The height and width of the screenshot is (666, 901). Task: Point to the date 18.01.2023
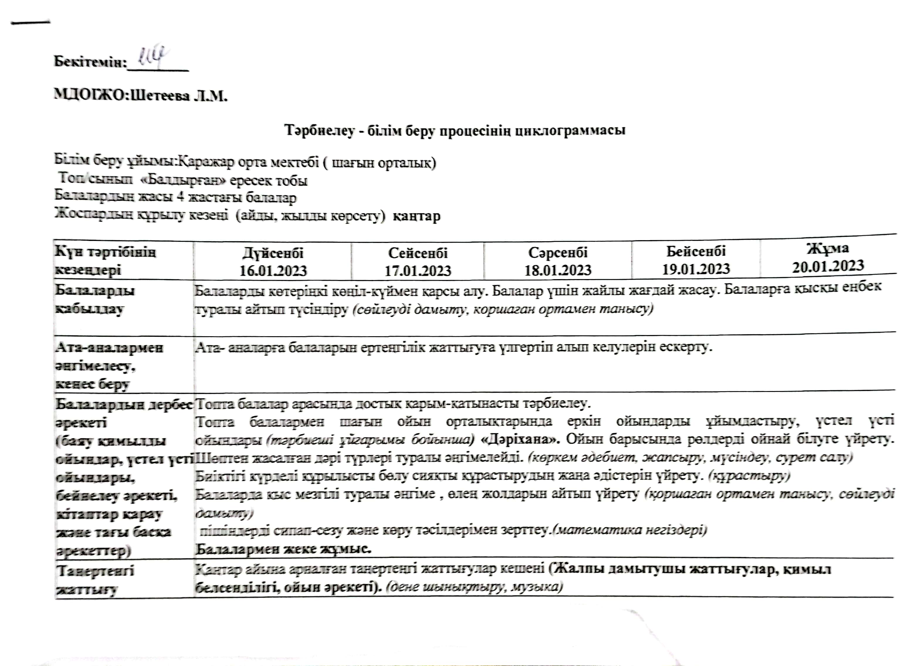(x=558, y=270)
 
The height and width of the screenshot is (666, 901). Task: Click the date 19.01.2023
(x=696, y=269)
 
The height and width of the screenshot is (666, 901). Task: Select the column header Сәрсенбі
(x=558, y=252)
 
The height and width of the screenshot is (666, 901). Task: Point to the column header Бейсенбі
(x=696, y=251)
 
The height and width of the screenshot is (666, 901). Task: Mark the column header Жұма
(x=828, y=248)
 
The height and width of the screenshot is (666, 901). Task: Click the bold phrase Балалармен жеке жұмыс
(x=283, y=549)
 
